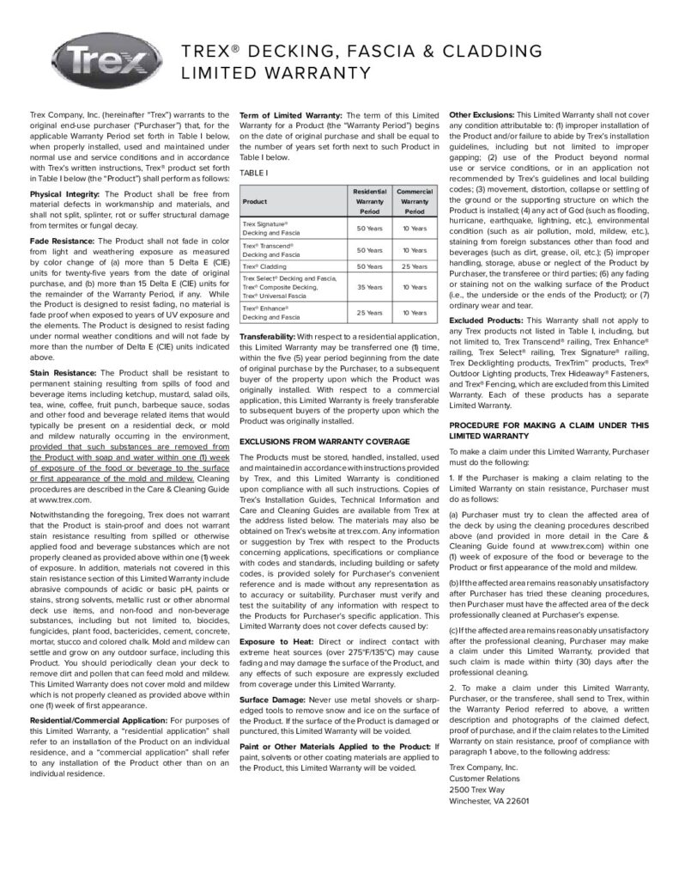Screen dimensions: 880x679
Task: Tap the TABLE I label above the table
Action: [x=254, y=172]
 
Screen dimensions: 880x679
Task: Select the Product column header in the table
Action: [x=255, y=202]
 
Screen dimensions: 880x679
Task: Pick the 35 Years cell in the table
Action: [x=369, y=287]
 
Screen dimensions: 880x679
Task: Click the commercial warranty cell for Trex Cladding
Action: [x=415, y=266]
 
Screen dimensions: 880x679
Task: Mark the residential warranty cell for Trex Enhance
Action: [x=369, y=313]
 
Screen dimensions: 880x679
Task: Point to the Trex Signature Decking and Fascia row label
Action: [x=270, y=228]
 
